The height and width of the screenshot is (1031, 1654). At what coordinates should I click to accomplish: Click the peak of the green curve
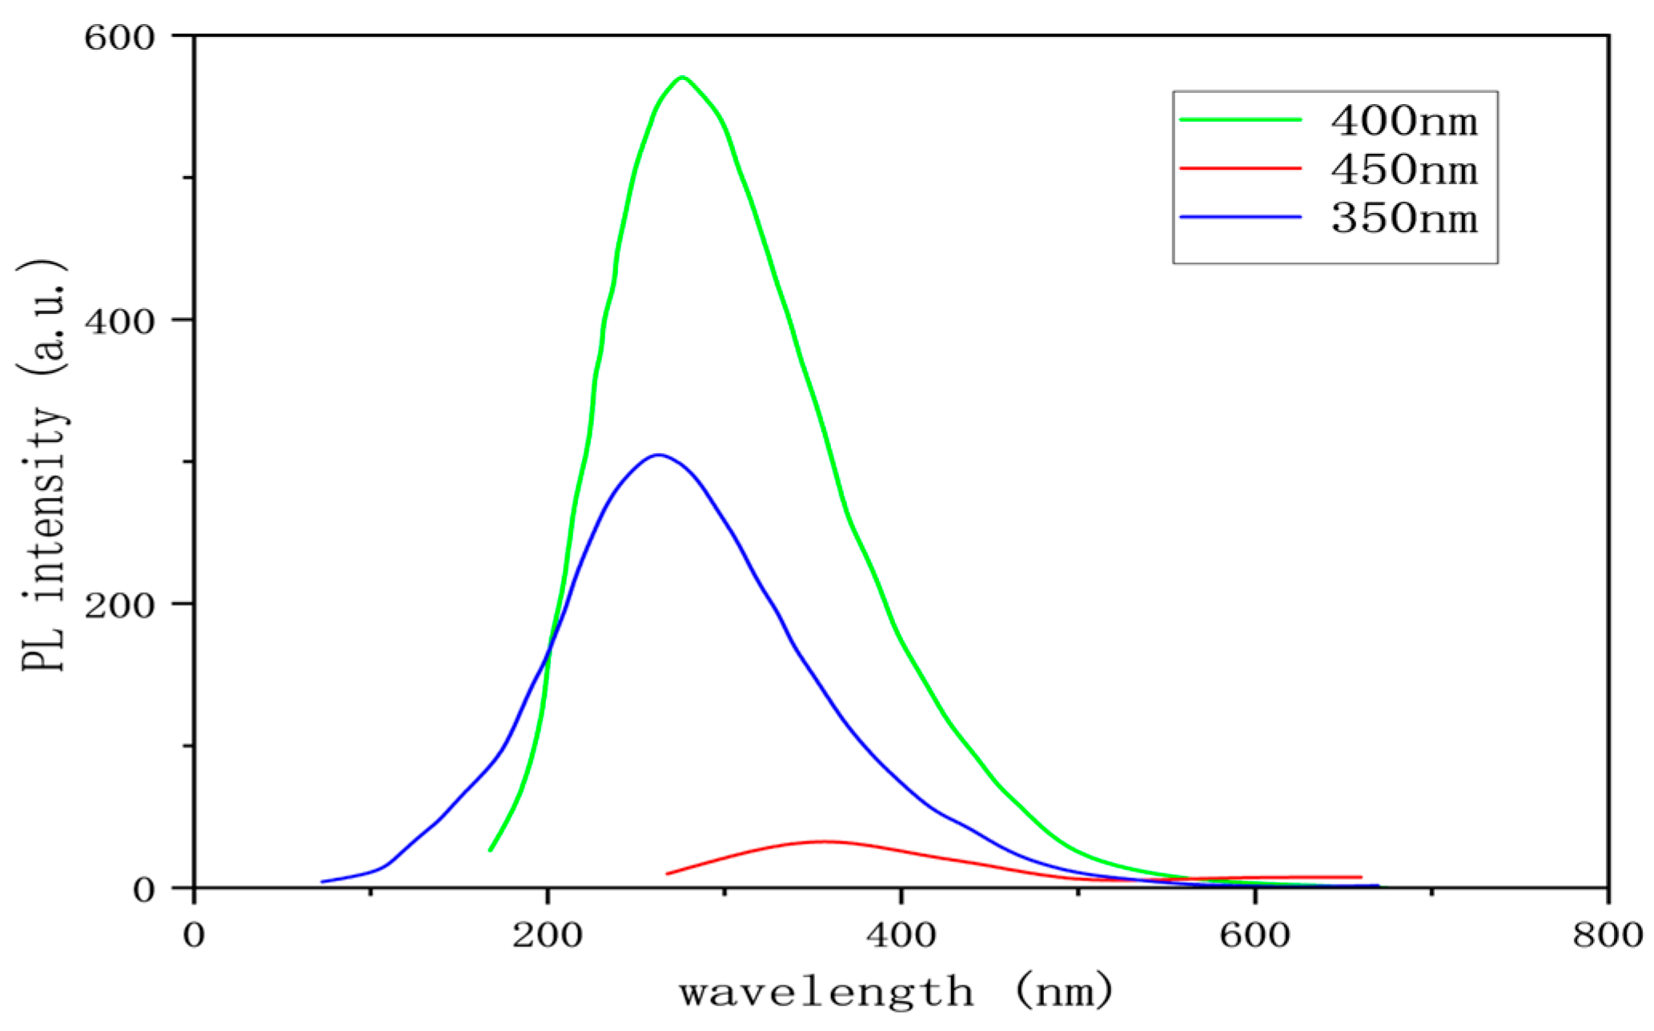682,78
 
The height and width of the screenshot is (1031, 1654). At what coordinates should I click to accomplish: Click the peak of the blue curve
658,455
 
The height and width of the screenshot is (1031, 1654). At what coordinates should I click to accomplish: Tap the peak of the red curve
825,841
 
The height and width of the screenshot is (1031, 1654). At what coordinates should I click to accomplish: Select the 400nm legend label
1404,121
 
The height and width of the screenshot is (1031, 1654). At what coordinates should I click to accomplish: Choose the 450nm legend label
1404,170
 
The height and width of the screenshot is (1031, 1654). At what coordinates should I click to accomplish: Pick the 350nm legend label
1404,218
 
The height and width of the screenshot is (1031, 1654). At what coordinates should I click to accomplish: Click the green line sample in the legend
1240,120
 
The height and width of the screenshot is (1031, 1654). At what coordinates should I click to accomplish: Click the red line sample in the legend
1240,168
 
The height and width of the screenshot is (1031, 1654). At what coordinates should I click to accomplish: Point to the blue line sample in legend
1240,217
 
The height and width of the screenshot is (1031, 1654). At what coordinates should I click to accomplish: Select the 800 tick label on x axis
1608,934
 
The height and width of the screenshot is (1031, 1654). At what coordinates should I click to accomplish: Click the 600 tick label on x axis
1255,934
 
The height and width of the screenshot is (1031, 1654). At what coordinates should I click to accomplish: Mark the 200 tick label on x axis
548,934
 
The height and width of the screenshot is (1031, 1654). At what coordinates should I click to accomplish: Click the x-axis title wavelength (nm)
897,993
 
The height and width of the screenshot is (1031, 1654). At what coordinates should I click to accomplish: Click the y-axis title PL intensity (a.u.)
44,464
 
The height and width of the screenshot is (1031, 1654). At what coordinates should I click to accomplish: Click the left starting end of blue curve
322,881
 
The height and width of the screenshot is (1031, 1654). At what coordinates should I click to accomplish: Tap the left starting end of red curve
667,873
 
